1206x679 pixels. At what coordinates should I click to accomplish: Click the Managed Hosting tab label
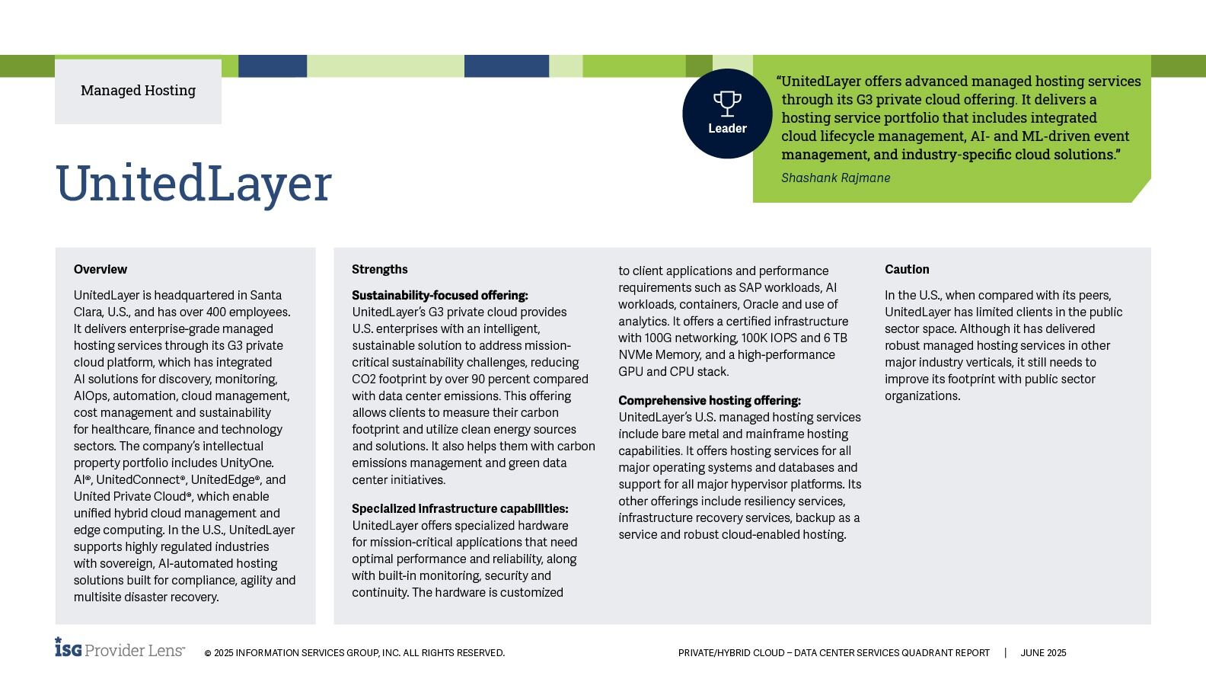click(x=138, y=91)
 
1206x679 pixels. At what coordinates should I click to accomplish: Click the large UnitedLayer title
click(x=193, y=184)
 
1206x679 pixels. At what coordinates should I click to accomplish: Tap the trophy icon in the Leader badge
click(x=727, y=103)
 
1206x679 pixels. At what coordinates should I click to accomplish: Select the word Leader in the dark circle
click(x=727, y=129)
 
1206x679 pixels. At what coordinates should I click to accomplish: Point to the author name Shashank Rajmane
click(x=835, y=178)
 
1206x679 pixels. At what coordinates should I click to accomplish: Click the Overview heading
click(x=100, y=270)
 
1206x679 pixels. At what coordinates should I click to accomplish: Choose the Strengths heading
click(x=379, y=270)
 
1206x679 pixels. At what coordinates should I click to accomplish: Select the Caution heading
click(x=907, y=270)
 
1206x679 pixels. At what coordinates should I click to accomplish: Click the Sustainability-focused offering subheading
click(x=439, y=296)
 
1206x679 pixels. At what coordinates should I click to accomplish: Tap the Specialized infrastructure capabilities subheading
click(x=460, y=509)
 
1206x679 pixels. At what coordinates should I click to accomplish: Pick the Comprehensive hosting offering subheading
click(x=709, y=401)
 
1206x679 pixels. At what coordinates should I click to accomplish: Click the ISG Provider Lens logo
click(x=120, y=649)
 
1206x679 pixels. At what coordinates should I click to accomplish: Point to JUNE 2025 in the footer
click(x=1043, y=653)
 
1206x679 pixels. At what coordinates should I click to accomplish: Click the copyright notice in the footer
click(x=354, y=653)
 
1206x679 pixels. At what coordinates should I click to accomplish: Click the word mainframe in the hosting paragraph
click(x=775, y=434)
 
